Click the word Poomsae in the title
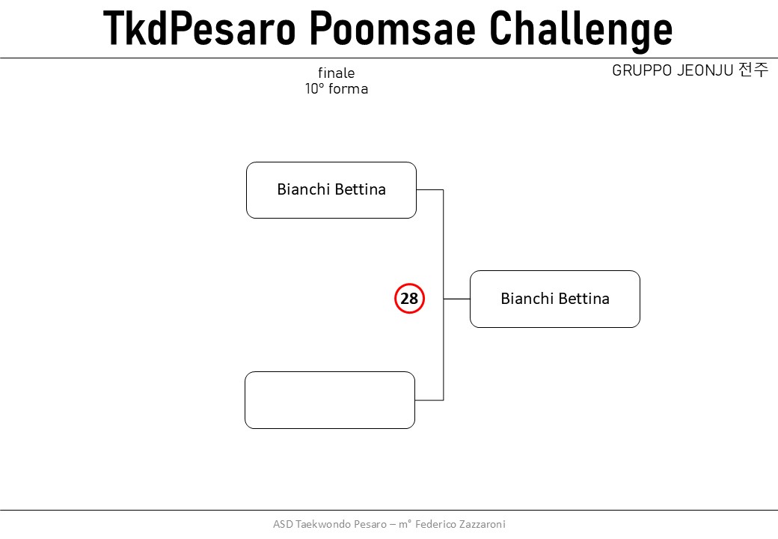tap(393, 28)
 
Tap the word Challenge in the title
tap(581, 31)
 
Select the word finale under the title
tap(337, 73)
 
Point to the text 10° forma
tap(337, 89)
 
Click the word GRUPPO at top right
tap(642, 70)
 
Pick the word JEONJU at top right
tap(705, 70)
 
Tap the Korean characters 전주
tap(753, 70)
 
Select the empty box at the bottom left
tap(330, 400)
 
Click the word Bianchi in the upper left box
tap(303, 189)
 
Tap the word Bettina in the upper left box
tap(360, 189)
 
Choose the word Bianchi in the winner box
tap(527, 298)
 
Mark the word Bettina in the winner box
tap(583, 298)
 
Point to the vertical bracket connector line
tap(443, 295)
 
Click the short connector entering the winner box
tap(456, 299)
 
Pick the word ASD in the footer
tap(283, 524)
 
